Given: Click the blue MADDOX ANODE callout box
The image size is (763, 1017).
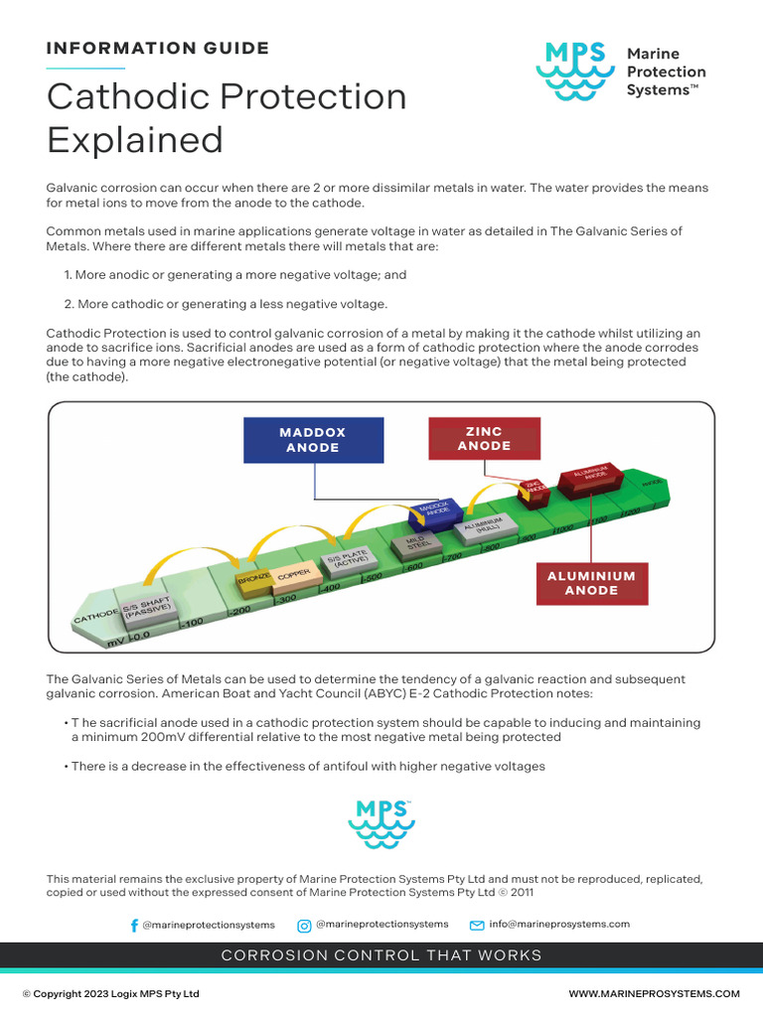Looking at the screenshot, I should point(313,440).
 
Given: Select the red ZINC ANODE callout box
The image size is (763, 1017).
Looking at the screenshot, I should point(484,439).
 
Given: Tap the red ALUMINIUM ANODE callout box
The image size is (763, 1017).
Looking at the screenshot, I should point(591,583).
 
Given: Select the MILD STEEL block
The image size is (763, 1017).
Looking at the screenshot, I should point(418,542).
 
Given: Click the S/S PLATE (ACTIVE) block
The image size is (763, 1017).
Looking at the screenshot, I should point(354,562).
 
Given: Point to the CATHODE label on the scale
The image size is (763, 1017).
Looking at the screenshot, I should point(95,618).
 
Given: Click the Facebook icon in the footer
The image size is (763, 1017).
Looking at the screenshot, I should point(134,925).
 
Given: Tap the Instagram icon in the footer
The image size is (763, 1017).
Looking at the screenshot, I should point(304,925).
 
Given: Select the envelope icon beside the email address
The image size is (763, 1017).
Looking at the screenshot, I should point(477,925).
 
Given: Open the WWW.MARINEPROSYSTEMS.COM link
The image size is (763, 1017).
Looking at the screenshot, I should point(654,993).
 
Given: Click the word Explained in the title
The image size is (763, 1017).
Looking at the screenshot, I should point(135,140).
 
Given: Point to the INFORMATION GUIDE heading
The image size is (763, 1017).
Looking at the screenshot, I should point(158,48).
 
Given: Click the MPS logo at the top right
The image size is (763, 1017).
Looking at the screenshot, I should point(573,71).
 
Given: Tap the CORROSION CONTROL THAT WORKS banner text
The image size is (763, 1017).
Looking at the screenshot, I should point(381,955).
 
